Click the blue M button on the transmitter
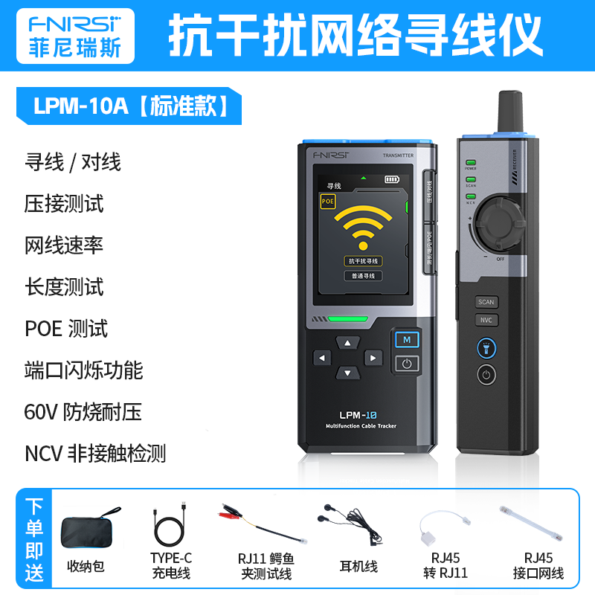coord(407,340)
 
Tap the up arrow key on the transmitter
coord(347,343)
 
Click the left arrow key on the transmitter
coord(322,358)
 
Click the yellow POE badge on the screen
coord(327,201)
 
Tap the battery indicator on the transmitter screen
coord(392,179)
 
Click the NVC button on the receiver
coord(486,321)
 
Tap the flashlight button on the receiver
coord(486,348)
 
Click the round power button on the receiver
coord(486,375)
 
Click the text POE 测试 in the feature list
coord(67,328)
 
